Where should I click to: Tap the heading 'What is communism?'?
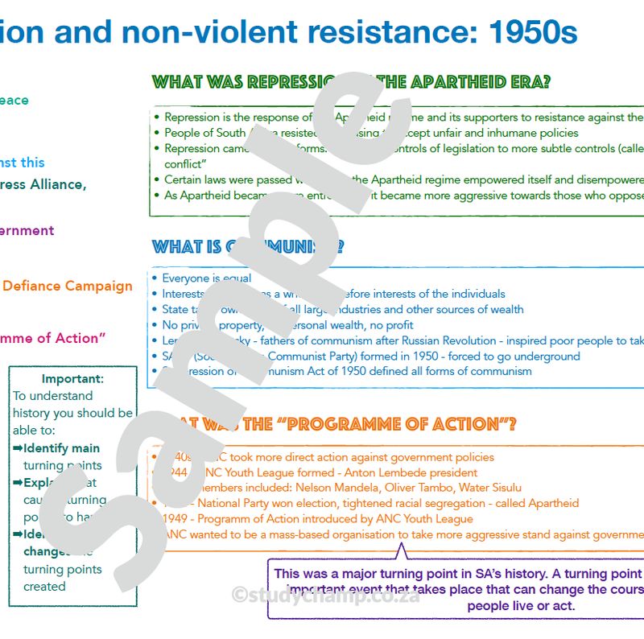pyautogui.click(x=247, y=246)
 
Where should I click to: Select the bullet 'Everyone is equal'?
pyautogui.click(x=206, y=278)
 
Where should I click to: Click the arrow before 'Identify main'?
pyautogui.click(x=18, y=448)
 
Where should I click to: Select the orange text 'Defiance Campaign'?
pyautogui.click(x=68, y=287)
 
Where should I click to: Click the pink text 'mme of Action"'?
pyautogui.click(x=53, y=338)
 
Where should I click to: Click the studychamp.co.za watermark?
pyautogui.click(x=324, y=596)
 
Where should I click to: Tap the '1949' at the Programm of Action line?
pyautogui.click(x=176, y=519)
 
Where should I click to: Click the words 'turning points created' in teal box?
pyautogui.click(x=62, y=578)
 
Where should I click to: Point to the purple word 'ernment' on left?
pyautogui.click(x=27, y=231)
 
